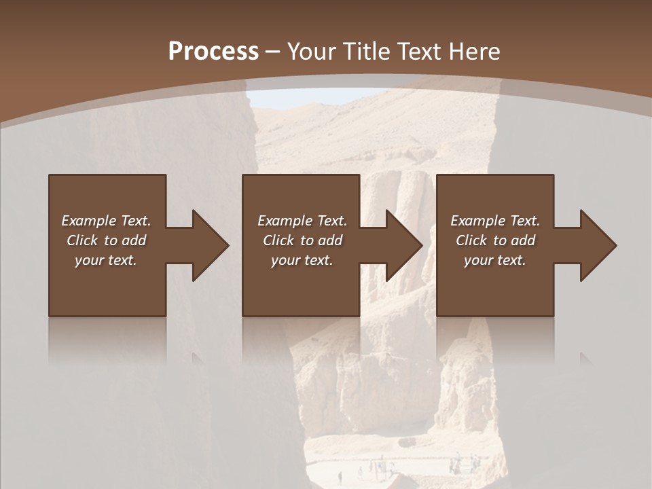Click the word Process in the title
pos(213,52)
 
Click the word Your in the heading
pos(311,52)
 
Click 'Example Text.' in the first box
pos(106,221)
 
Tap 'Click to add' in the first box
pos(106,240)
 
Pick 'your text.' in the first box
pos(106,260)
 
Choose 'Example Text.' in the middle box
pos(302,221)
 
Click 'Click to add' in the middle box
pos(302,240)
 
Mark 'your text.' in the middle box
pos(302,260)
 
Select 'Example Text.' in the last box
pos(495,221)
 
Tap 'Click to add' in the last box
pos(495,240)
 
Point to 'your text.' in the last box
pos(495,260)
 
